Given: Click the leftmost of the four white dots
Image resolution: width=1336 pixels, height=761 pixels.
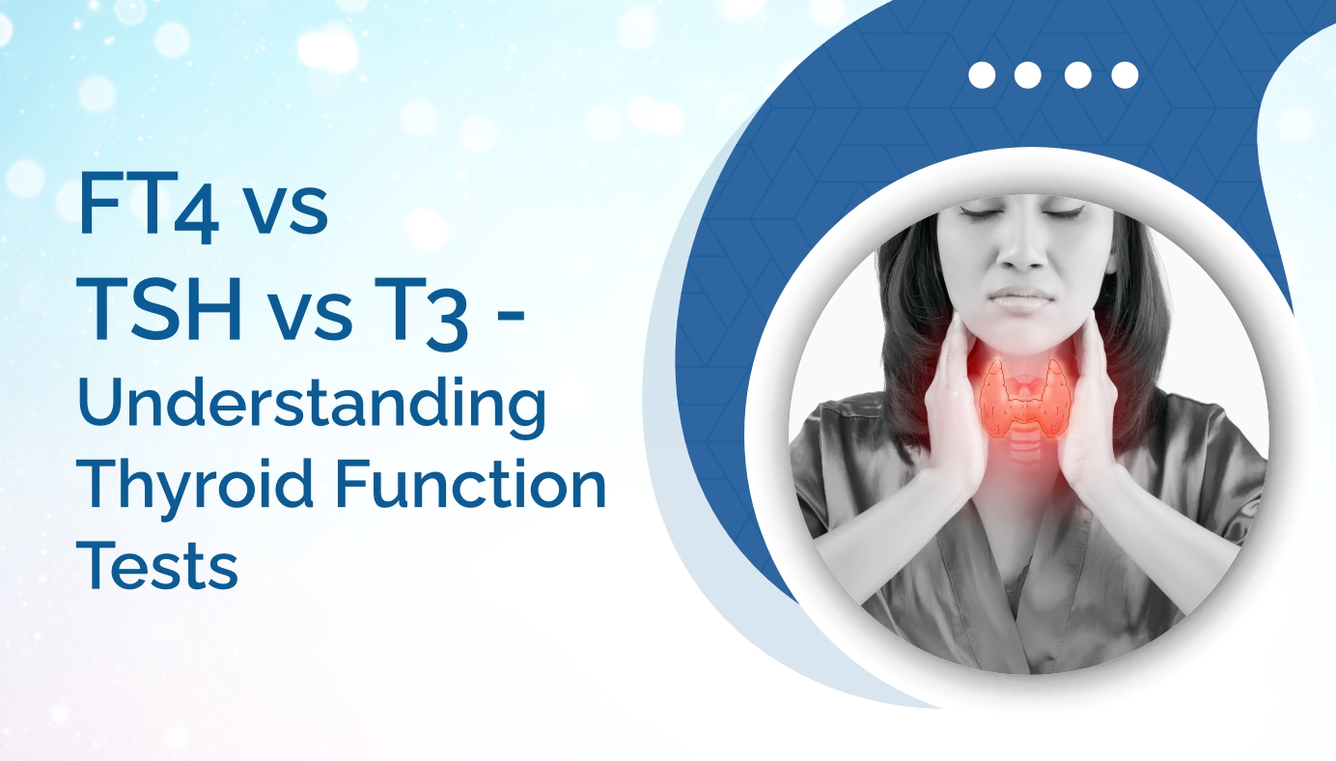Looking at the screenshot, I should coord(981,75).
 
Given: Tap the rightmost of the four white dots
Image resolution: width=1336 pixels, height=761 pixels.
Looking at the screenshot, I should coord(1125,75).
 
